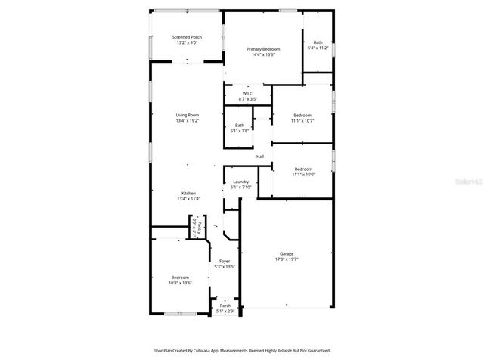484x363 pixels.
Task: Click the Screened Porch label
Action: (x=187, y=37)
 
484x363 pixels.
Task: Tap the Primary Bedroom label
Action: (x=263, y=49)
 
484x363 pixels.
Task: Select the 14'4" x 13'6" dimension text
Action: (x=263, y=55)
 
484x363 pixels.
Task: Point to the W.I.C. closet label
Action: (x=248, y=94)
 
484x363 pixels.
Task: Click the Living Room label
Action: (x=188, y=115)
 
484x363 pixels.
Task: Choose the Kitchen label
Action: (x=188, y=193)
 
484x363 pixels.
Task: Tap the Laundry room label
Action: (x=241, y=181)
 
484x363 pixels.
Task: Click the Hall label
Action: (x=259, y=157)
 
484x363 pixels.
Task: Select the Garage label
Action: (x=286, y=254)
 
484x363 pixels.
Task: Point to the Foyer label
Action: (x=225, y=261)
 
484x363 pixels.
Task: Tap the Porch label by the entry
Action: (x=225, y=306)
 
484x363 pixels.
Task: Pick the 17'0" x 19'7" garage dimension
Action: (x=286, y=260)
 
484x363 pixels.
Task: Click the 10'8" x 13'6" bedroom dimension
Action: (x=180, y=283)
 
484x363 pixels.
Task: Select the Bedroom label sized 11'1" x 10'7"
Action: (x=302, y=115)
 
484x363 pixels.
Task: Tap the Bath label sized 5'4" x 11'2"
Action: (x=318, y=42)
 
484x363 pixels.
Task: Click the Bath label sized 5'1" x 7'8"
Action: (x=240, y=126)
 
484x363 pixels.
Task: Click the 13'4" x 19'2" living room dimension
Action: (x=188, y=121)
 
